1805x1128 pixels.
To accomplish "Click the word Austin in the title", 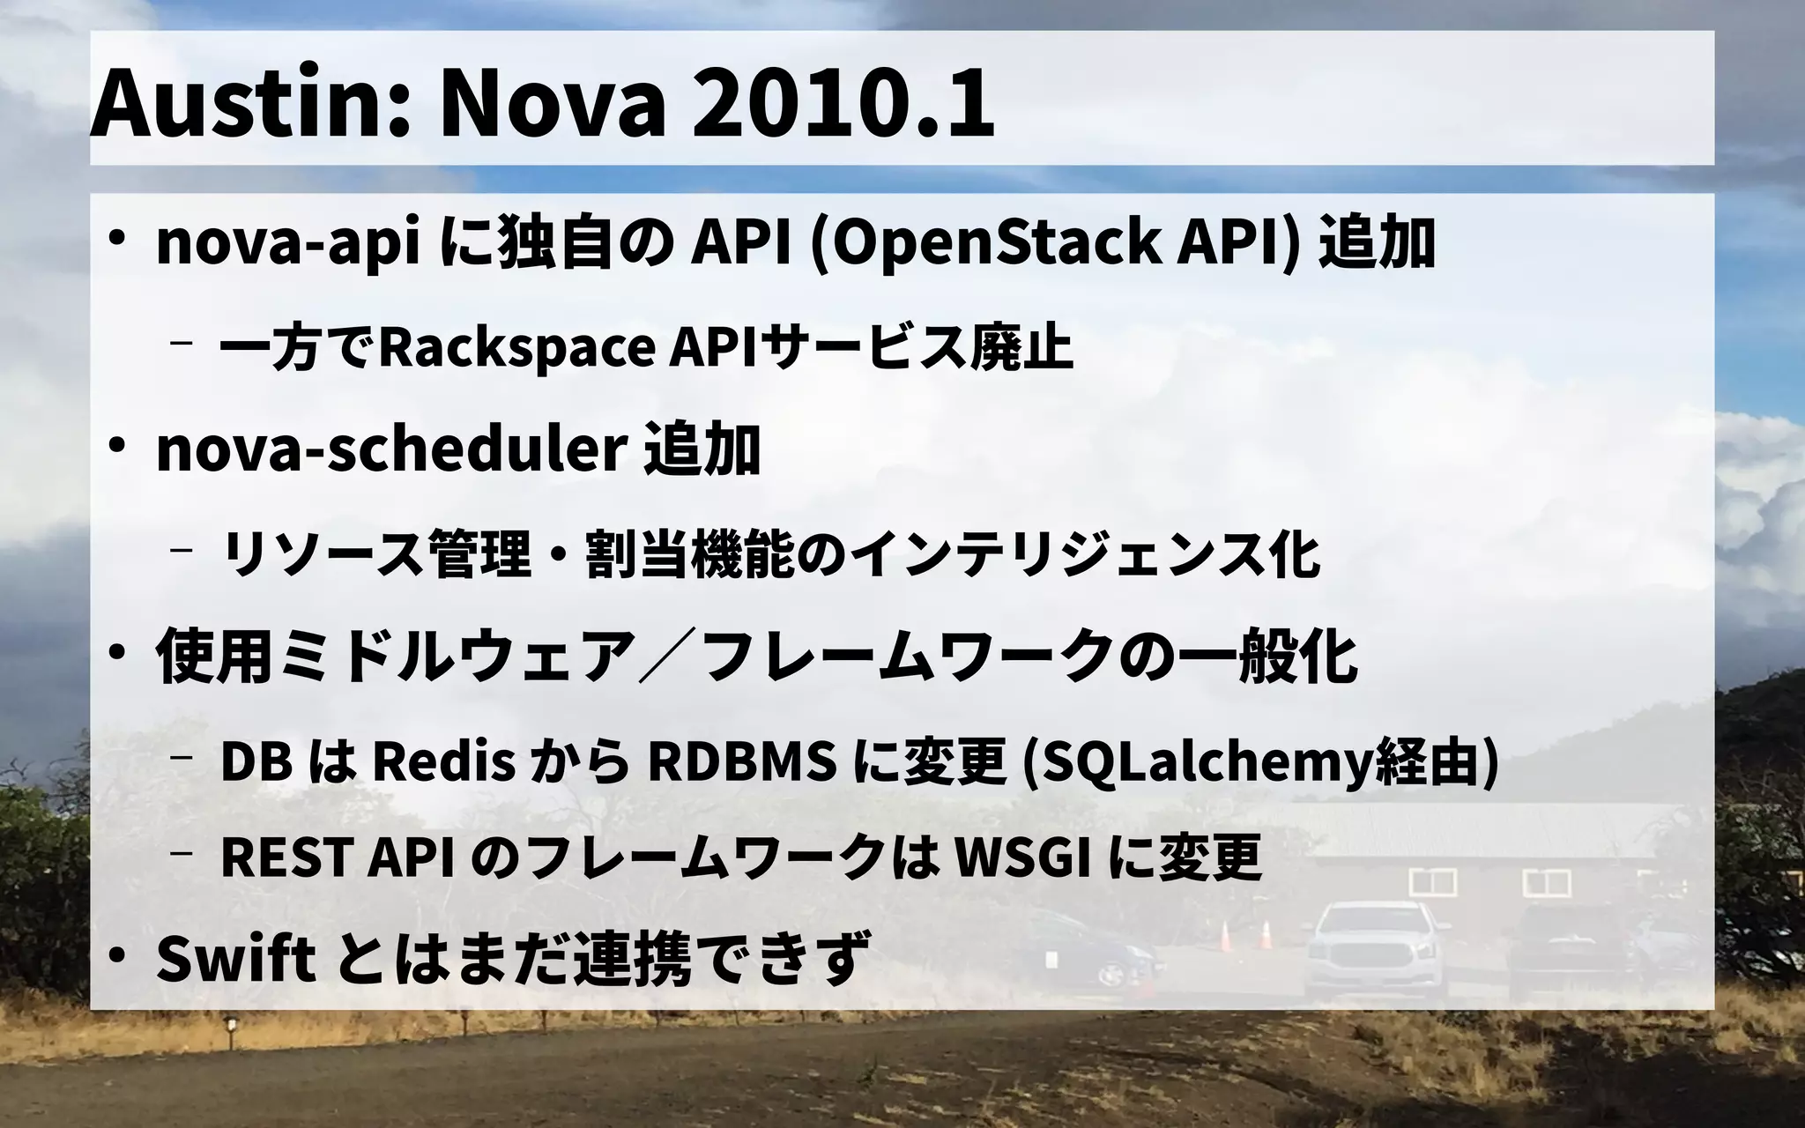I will (238, 104).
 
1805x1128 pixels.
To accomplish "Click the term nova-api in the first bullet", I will (287, 245).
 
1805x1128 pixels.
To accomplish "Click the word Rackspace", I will (516, 348).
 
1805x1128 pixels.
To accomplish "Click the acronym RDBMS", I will (741, 762).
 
